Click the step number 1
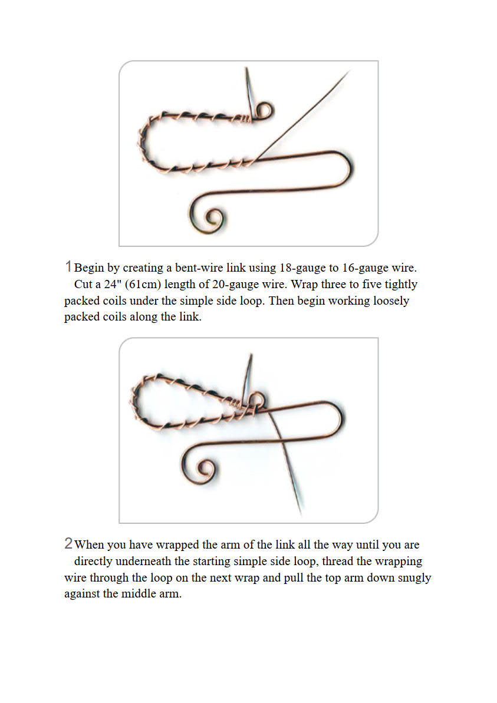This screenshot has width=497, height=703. coord(68,266)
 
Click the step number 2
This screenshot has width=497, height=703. coord(68,543)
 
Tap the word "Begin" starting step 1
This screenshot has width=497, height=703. coord(89,268)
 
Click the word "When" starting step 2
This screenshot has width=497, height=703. coord(89,544)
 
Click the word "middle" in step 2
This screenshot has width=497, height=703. coord(138,594)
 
